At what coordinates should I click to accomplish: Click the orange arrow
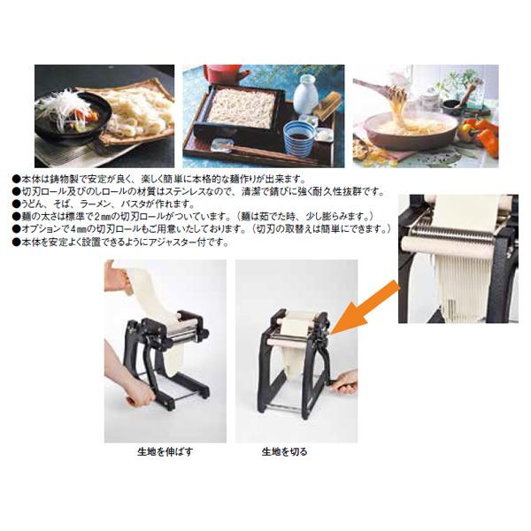coord(365,307)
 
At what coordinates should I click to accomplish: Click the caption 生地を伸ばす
coord(165,451)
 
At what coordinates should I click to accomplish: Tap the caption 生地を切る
coord(284,451)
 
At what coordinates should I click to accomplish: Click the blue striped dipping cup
coord(299,138)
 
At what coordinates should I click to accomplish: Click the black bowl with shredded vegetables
coord(73,113)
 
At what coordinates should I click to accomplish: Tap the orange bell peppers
coord(481,134)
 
